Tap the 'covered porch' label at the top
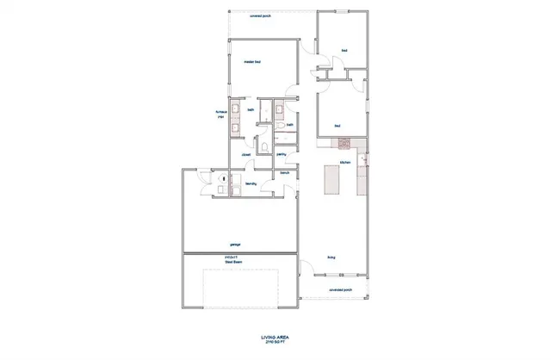(261, 16)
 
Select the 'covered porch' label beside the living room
(342, 290)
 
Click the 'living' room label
(331, 256)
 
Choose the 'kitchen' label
(344, 162)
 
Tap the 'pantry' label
(282, 154)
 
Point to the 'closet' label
(246, 155)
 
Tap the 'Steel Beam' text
(231, 261)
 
